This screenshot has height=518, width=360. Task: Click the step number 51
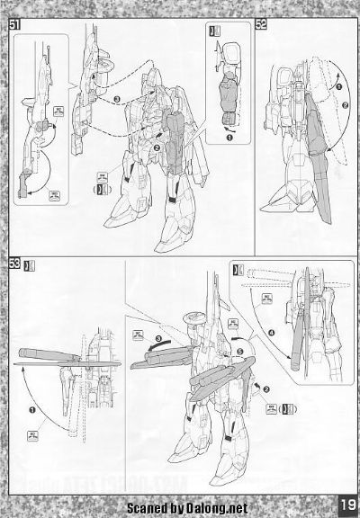(x=15, y=22)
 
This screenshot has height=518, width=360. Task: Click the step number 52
(x=261, y=24)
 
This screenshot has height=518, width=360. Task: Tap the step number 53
(x=15, y=263)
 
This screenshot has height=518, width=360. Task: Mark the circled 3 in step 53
(x=158, y=340)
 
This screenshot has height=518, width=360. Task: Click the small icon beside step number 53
(x=32, y=264)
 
